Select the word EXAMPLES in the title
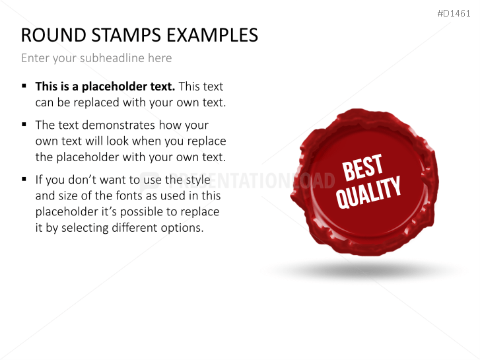click(x=211, y=35)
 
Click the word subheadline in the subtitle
click(x=113, y=58)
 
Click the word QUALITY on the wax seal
click(x=369, y=192)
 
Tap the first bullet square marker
click(x=24, y=86)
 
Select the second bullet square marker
click(x=24, y=124)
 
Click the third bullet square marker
click(x=24, y=179)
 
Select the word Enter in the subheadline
click(x=35, y=58)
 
